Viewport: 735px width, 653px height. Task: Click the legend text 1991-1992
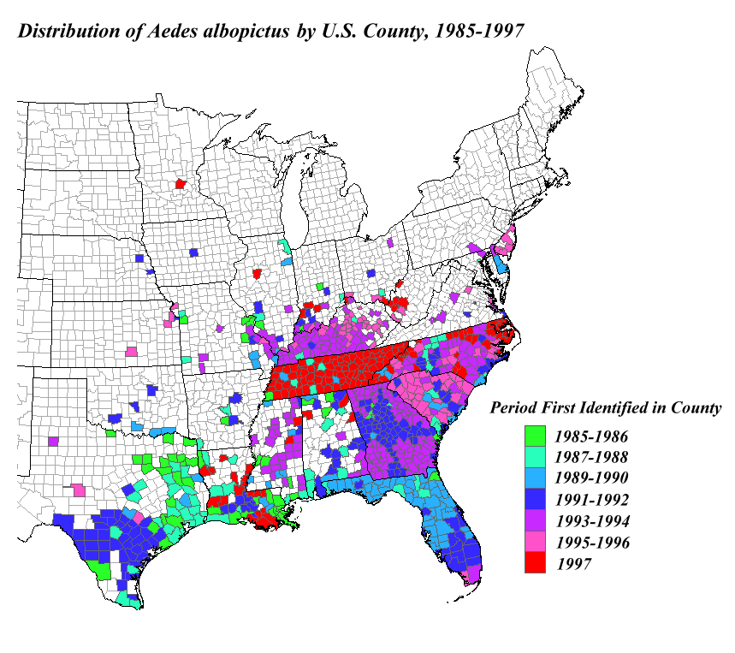pos(596,500)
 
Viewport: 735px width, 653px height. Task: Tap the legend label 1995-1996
pos(596,542)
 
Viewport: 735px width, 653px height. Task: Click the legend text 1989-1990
pos(596,478)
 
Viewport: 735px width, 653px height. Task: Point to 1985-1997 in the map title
pos(478,32)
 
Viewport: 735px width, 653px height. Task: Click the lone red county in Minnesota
pos(180,183)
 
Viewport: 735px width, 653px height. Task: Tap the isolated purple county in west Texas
pos(53,442)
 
